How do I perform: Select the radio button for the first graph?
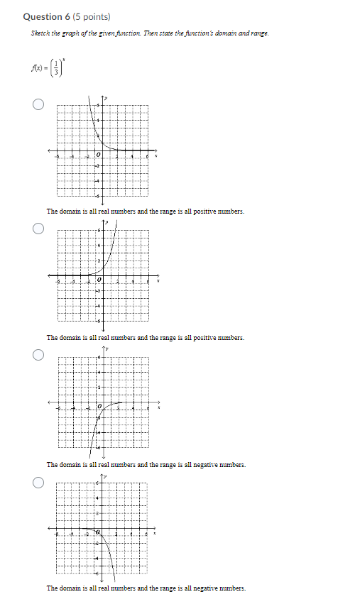click(x=38, y=105)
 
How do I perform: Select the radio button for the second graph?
click(x=38, y=229)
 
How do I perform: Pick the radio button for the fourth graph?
click(x=38, y=482)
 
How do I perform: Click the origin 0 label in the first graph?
click(x=99, y=155)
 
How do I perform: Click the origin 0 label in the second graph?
click(x=99, y=282)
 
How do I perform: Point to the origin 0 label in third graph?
click(x=99, y=407)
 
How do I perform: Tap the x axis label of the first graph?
click(x=157, y=155)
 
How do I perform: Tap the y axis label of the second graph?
click(x=107, y=223)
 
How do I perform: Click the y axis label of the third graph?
click(x=107, y=349)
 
